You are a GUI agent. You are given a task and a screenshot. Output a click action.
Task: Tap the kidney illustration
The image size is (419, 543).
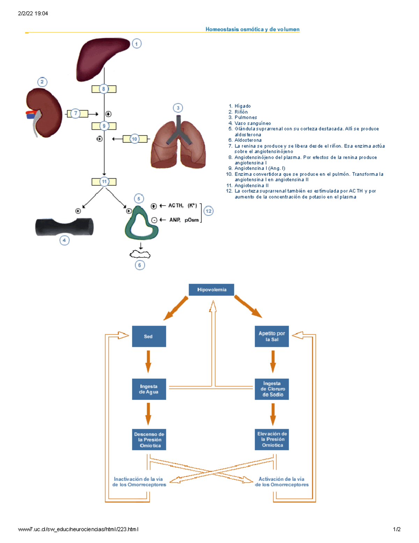[45, 112]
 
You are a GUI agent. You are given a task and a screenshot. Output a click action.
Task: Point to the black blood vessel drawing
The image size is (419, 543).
[64, 227]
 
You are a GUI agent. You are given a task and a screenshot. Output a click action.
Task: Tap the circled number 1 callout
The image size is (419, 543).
[137, 44]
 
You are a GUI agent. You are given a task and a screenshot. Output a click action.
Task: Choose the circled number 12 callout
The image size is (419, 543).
[208, 211]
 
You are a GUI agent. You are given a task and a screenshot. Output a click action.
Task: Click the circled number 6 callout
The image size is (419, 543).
[140, 265]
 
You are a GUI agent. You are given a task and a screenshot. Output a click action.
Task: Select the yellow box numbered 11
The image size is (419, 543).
[104, 182]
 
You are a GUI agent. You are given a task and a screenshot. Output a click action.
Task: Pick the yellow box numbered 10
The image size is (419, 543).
[135, 139]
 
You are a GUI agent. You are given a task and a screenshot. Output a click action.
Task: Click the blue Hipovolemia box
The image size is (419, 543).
[211, 290]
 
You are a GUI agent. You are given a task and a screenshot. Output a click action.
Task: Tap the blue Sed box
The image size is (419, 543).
[149, 336]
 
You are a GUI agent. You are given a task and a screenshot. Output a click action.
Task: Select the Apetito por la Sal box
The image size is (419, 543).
[272, 336]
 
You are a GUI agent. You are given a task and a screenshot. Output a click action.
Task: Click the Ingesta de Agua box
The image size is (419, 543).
[149, 389]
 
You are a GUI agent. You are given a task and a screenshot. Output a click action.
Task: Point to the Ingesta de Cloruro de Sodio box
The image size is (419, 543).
[272, 389]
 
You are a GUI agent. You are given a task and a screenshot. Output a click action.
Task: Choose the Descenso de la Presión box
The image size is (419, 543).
[149, 440]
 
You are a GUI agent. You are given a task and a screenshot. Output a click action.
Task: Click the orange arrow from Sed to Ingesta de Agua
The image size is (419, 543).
[148, 362]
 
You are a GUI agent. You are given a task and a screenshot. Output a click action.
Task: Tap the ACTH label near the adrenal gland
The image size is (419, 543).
[176, 206]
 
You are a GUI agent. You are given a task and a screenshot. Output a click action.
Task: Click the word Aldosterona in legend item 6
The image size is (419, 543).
[248, 140]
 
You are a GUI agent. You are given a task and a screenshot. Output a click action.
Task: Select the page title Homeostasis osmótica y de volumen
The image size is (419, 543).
[252, 29]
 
